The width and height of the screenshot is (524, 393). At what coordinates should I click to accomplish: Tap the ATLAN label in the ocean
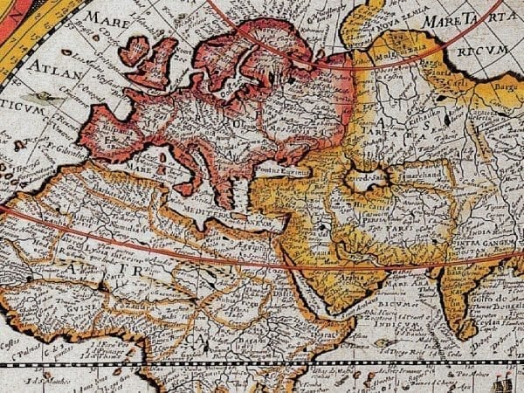click(x=52, y=67)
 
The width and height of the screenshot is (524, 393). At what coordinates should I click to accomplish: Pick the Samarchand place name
click(x=406, y=186)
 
